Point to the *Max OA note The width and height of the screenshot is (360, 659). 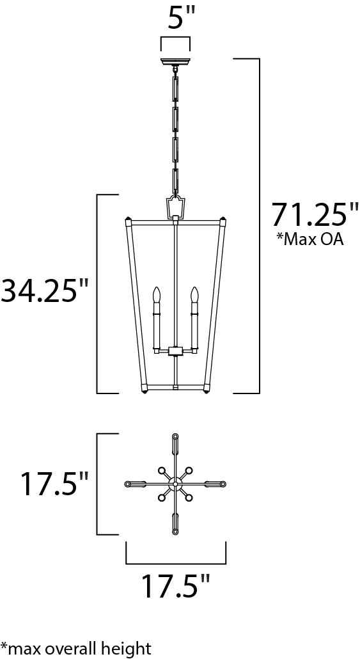click(309, 239)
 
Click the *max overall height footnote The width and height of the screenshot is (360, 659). click(75, 647)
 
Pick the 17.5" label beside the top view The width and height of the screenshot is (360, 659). click(54, 483)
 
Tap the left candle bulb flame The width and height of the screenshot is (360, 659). click(157, 295)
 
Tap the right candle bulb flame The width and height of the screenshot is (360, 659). click(194, 295)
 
